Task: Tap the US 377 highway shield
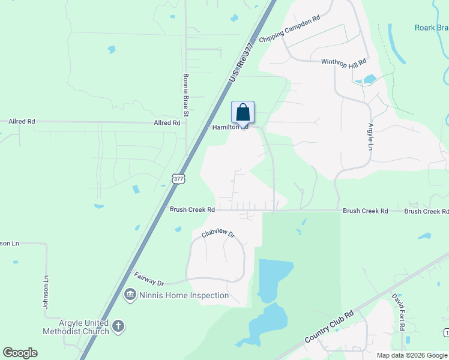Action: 178,178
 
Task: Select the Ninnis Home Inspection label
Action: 184,295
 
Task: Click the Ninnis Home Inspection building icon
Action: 130,295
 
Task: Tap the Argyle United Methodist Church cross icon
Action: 118,326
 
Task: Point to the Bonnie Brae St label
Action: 186,95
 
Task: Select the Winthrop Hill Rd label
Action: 343,62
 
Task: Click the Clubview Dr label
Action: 217,232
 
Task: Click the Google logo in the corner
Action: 20,353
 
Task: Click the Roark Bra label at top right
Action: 431,28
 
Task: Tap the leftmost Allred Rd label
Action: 22,121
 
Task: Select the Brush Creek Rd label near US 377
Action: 192,210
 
